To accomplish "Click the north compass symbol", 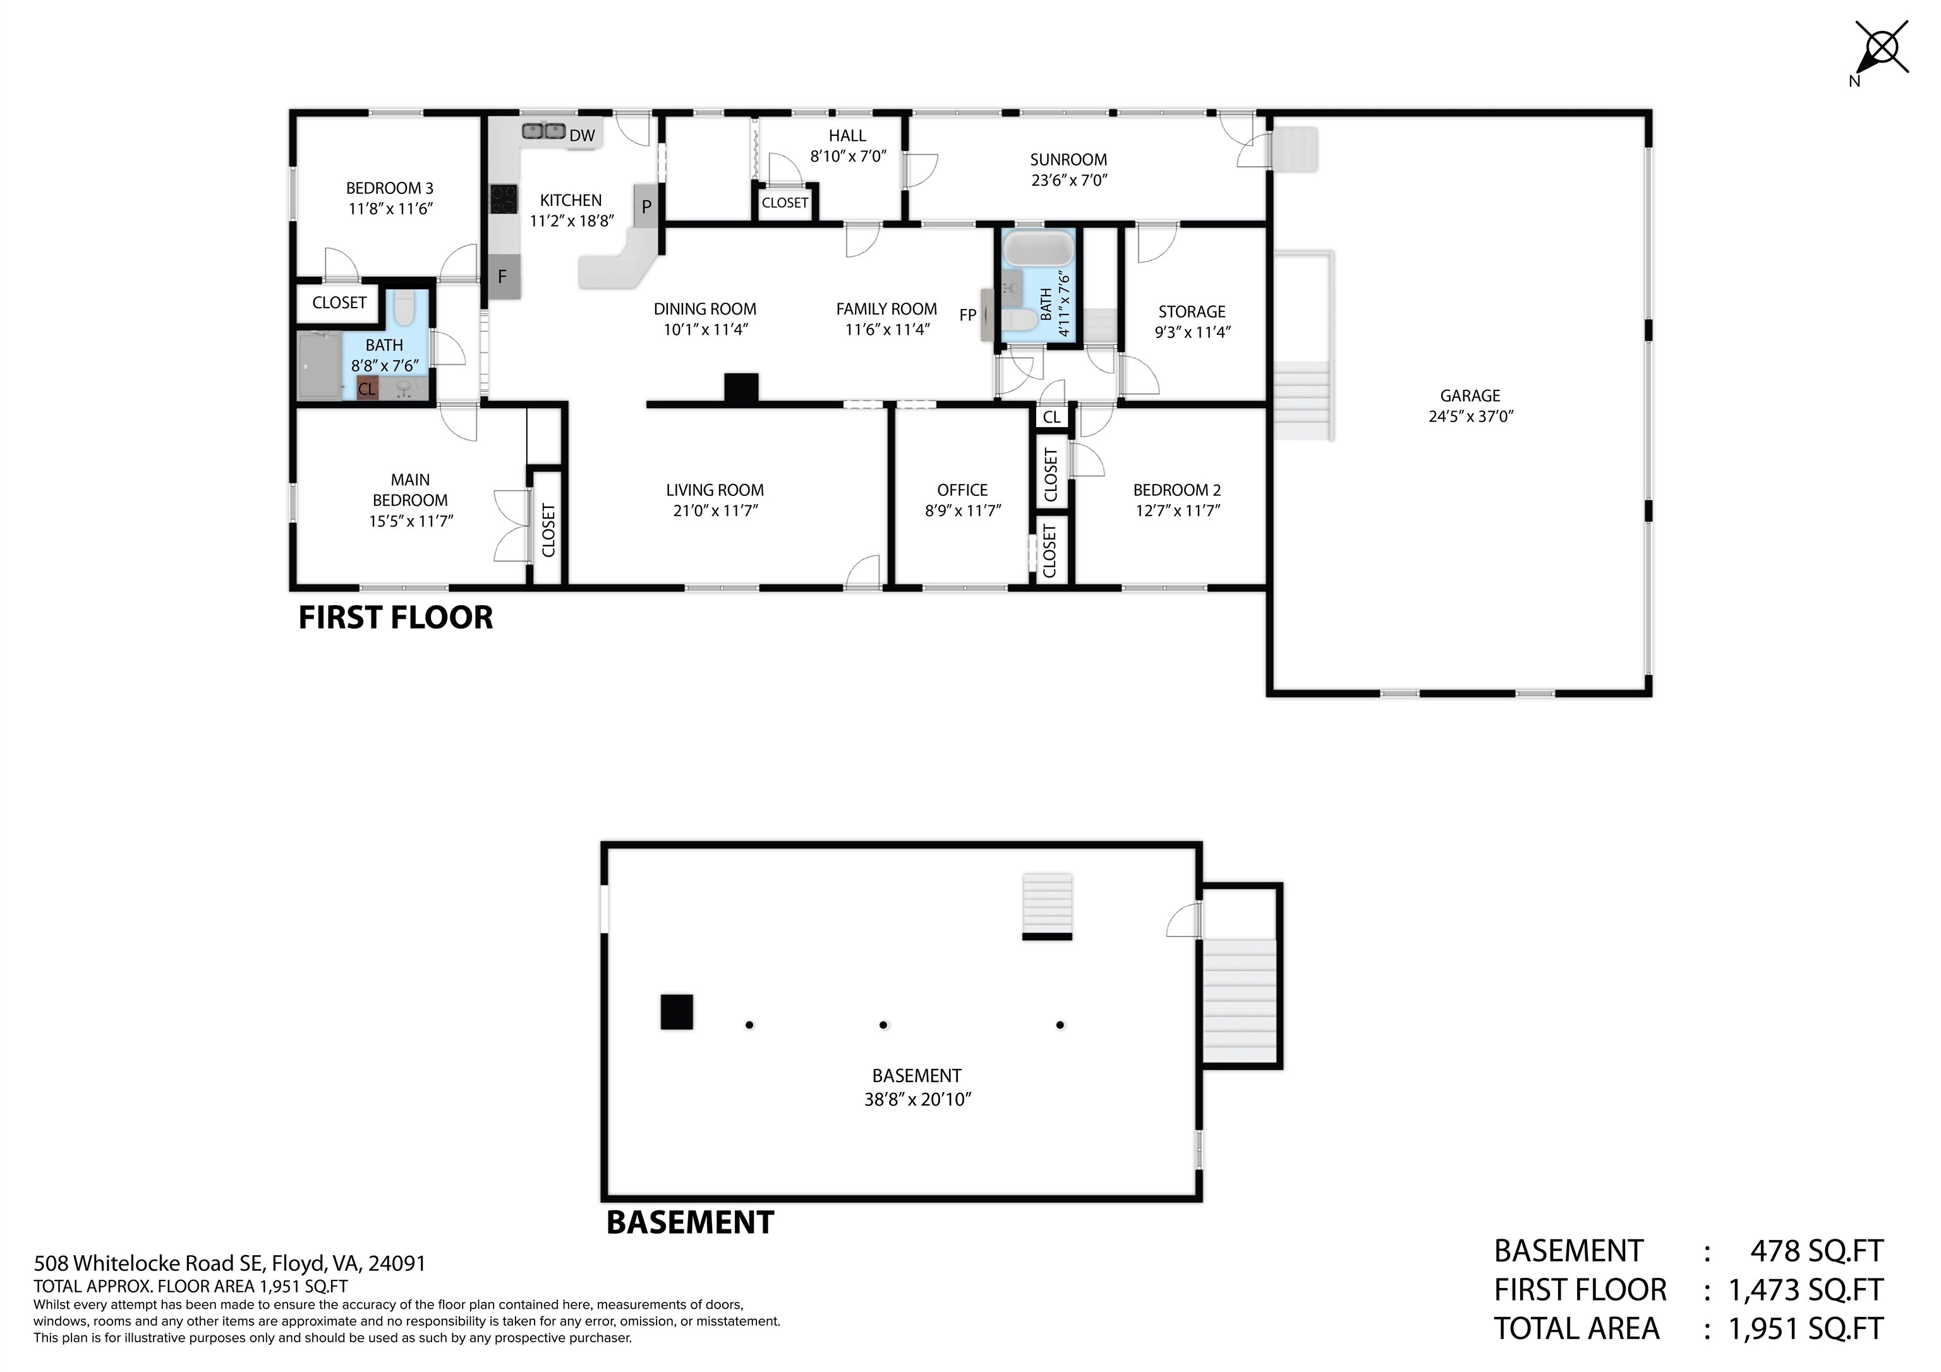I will (1881, 48).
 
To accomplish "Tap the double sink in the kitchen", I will (543, 131).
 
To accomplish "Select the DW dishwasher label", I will (582, 136).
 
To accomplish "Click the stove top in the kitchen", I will (504, 200).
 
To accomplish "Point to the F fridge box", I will (503, 277).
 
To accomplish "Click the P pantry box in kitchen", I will (646, 207).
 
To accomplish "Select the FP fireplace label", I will (968, 315).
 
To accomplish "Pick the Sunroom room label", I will (1068, 160).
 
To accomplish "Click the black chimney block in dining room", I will (741, 387).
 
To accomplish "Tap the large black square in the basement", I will (676, 1012).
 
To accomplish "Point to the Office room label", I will (962, 490).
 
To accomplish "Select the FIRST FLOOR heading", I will (395, 618).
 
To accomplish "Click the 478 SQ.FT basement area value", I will (1816, 1251).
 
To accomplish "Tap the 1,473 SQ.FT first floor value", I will (1806, 1290).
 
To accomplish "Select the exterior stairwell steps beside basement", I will (1238, 1001).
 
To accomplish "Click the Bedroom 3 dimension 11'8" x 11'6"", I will (390, 209).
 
